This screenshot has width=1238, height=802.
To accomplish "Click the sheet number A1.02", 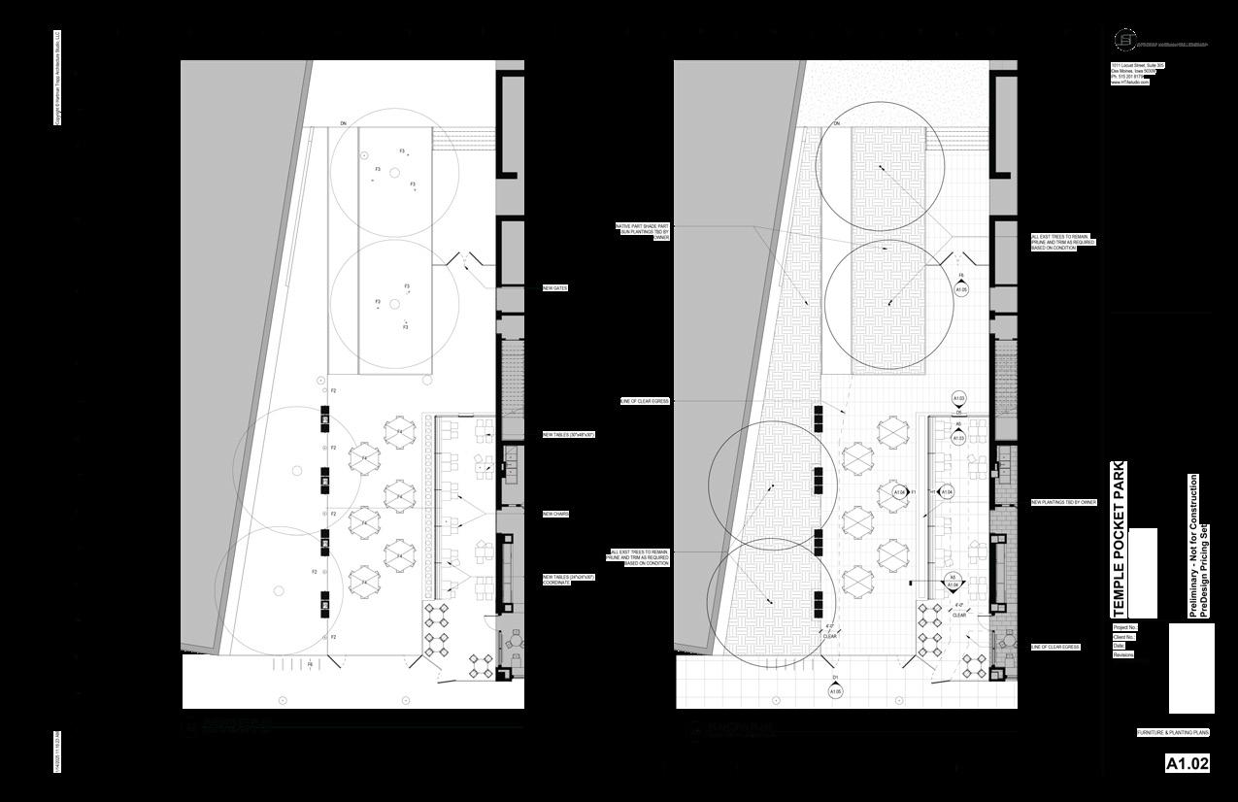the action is pyautogui.click(x=1188, y=764).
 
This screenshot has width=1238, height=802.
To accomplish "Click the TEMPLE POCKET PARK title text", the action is pyautogui.click(x=1119, y=539).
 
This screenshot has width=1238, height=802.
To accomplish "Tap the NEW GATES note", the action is pyautogui.click(x=555, y=288).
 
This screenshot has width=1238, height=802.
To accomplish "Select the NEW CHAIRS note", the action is pyautogui.click(x=555, y=514).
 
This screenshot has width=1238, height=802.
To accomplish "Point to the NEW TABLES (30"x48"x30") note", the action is pyautogui.click(x=568, y=435).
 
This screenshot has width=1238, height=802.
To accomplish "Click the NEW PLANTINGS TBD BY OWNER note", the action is pyautogui.click(x=1063, y=502).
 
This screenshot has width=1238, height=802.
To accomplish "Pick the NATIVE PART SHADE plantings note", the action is pyautogui.click(x=643, y=231).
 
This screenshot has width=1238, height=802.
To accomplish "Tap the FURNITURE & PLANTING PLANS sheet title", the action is pyautogui.click(x=1172, y=732).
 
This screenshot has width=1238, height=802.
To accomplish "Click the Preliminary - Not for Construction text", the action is pyautogui.click(x=1193, y=546).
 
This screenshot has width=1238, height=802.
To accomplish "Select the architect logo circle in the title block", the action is pyautogui.click(x=1124, y=41).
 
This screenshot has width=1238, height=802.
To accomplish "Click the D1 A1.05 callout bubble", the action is pyautogui.click(x=835, y=690).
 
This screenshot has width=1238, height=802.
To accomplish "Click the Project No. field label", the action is pyautogui.click(x=1124, y=628).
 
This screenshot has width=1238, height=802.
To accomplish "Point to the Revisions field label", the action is pyautogui.click(x=1123, y=654).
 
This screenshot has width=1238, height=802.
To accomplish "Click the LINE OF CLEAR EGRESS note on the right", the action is pyautogui.click(x=1055, y=647).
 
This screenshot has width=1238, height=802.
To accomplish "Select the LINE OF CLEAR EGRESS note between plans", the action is pyautogui.click(x=644, y=401).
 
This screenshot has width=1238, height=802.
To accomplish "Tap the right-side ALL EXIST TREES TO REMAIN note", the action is pyautogui.click(x=1062, y=242).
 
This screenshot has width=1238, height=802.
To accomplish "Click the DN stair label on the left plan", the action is pyautogui.click(x=344, y=123).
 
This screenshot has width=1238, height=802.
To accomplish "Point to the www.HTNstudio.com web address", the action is pyautogui.click(x=1129, y=83).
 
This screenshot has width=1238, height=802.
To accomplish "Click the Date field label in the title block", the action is pyautogui.click(x=1119, y=646).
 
